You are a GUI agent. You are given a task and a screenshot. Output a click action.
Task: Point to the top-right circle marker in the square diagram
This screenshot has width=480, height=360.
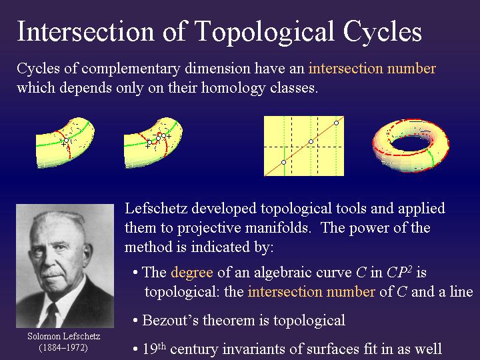click(x=337, y=123)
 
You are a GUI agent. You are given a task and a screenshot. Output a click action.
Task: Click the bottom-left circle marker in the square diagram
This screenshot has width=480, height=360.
click(x=283, y=162)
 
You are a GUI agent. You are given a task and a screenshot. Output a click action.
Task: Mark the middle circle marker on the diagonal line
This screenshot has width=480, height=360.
click(x=311, y=141)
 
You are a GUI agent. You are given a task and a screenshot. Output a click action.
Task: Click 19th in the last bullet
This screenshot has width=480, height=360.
click(x=155, y=349)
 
